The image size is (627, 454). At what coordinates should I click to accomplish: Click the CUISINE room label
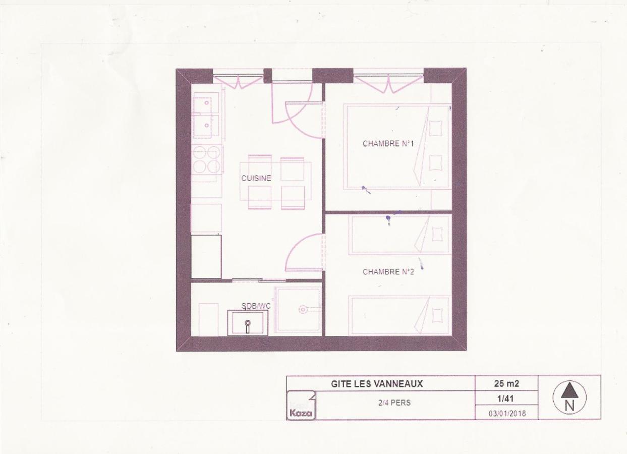(256, 178)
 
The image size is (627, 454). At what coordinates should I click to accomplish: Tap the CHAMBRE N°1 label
(388, 144)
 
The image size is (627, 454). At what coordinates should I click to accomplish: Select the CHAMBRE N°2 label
(388, 272)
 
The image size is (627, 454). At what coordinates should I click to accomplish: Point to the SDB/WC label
(256, 306)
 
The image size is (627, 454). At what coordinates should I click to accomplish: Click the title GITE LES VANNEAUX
(377, 384)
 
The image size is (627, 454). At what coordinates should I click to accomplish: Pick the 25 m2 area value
(506, 383)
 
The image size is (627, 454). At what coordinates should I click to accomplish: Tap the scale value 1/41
(505, 399)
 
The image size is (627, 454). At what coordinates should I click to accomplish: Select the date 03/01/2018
(507, 414)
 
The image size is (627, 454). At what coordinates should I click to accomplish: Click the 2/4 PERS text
(394, 403)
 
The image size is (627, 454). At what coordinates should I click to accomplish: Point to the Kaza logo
(301, 405)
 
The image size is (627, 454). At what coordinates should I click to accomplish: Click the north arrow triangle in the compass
(569, 391)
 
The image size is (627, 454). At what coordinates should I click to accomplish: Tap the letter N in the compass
(569, 406)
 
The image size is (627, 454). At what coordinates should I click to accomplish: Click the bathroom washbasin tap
(248, 326)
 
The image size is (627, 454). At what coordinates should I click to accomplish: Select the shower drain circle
(303, 310)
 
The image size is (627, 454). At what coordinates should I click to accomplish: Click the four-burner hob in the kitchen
(207, 159)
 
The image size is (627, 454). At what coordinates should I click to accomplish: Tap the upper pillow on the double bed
(435, 128)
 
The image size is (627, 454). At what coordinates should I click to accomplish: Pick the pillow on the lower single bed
(437, 315)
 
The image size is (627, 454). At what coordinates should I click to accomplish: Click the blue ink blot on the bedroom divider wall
(388, 218)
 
